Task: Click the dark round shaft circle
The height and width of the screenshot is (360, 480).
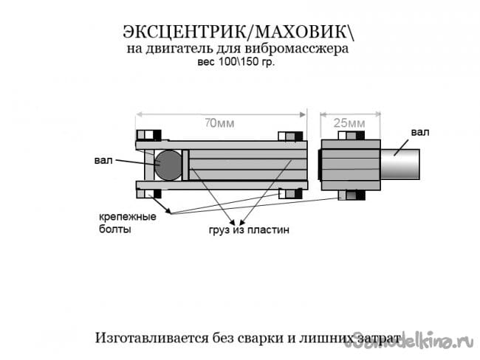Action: (x=170, y=165)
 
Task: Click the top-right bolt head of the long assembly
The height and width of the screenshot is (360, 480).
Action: (x=290, y=136)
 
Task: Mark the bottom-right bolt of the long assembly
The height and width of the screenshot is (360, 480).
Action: (x=290, y=194)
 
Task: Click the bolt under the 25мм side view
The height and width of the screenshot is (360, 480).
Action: (x=352, y=195)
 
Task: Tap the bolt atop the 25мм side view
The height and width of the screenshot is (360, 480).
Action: (x=352, y=135)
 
